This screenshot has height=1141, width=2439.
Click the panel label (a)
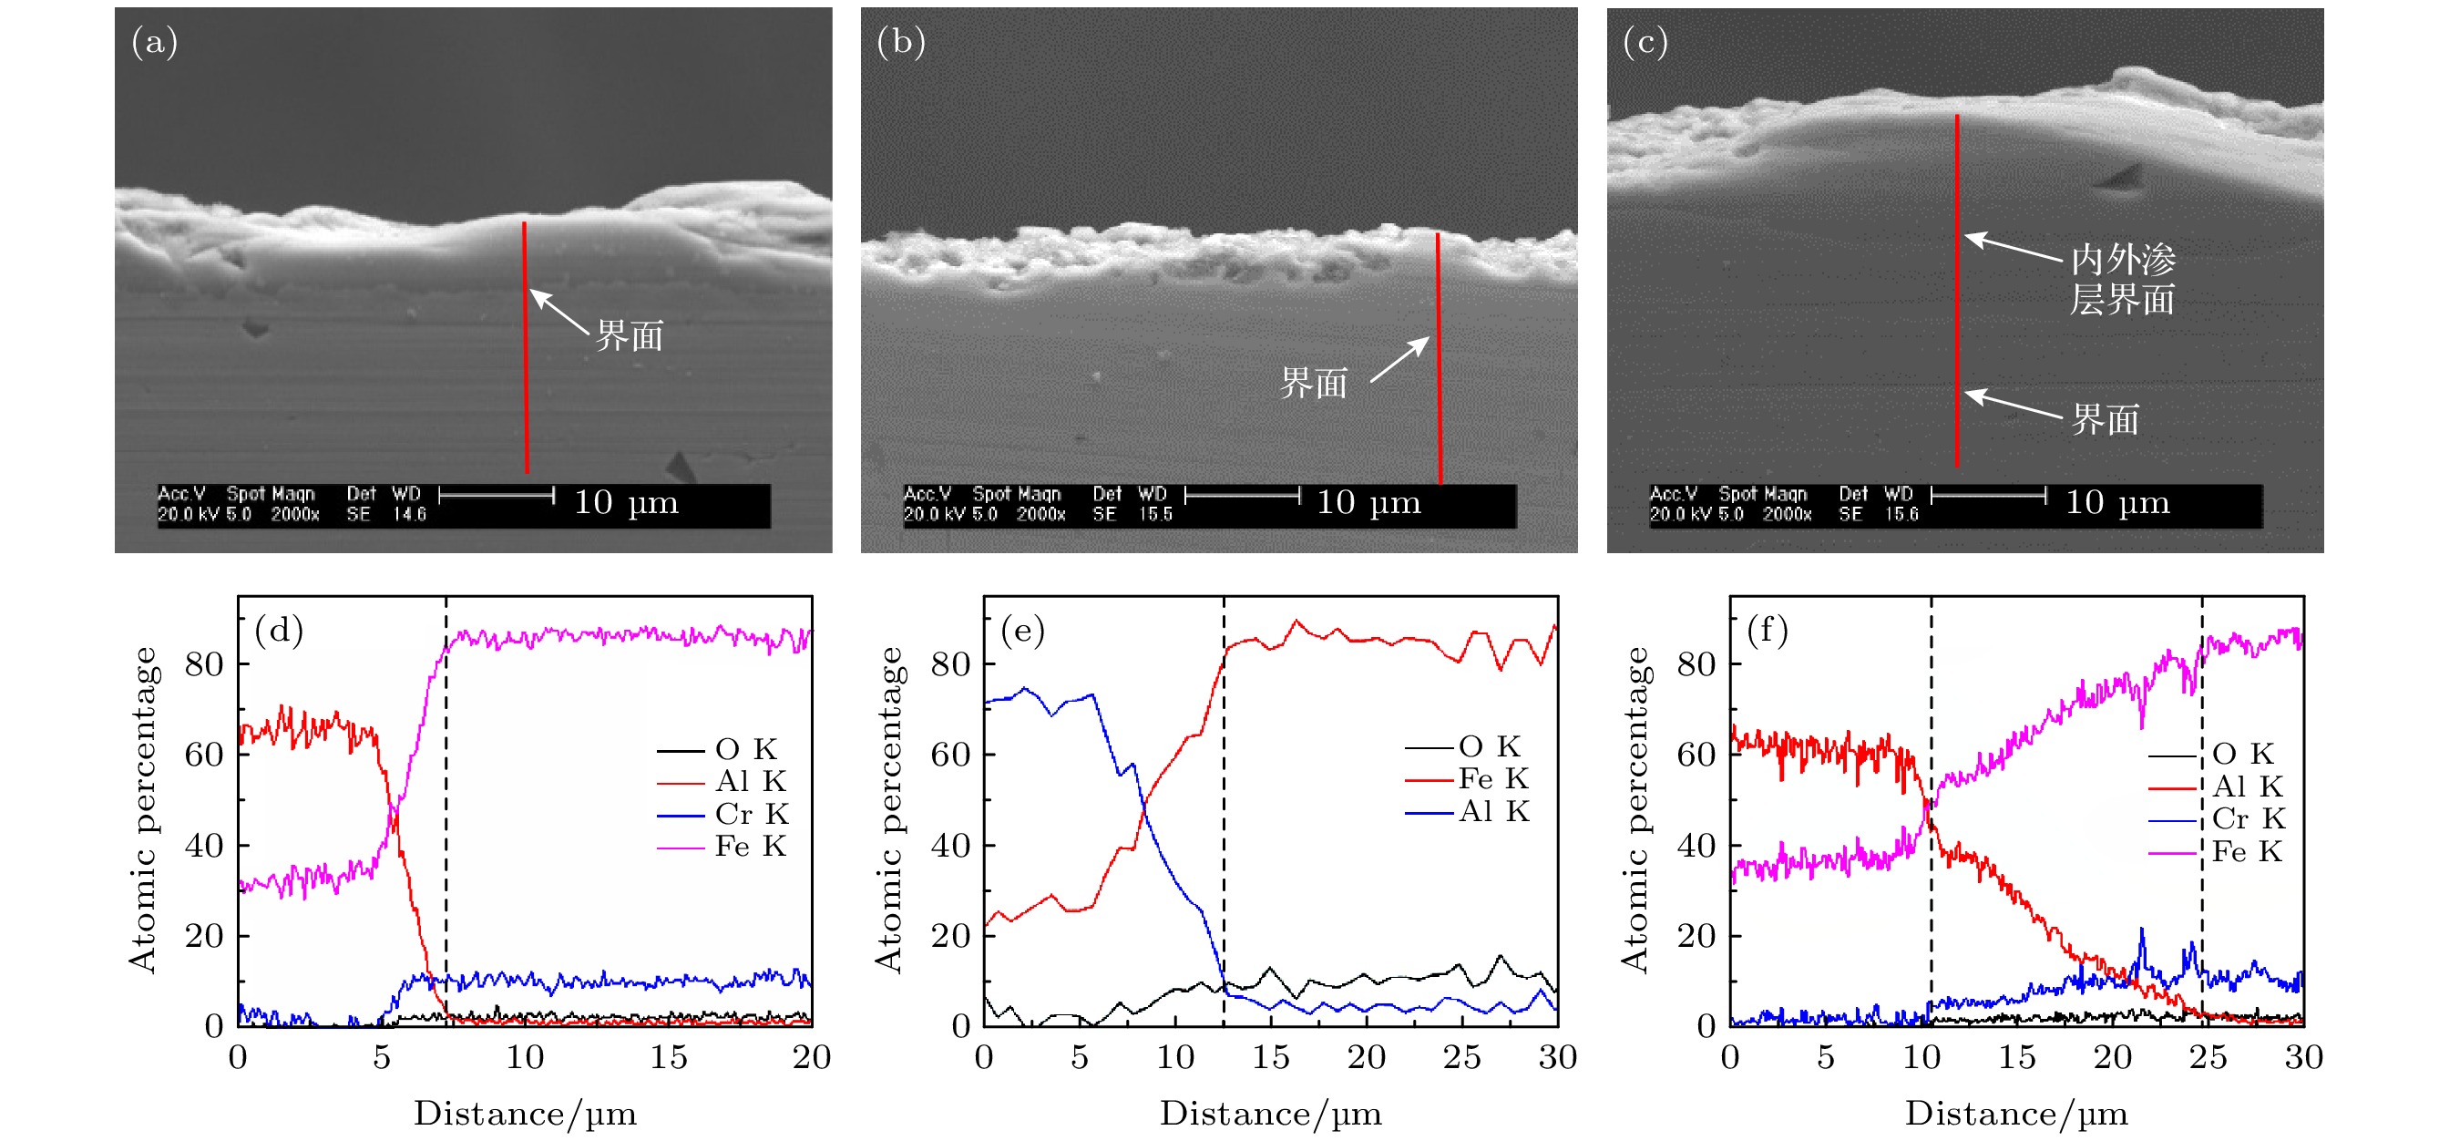coord(154,43)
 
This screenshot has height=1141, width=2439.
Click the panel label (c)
coord(1645,43)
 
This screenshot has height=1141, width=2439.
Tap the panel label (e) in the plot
coord(1022,630)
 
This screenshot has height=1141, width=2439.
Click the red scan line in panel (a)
coord(526,350)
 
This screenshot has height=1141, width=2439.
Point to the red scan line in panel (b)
coord(1439,360)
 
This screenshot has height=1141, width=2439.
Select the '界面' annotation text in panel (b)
coord(1313,384)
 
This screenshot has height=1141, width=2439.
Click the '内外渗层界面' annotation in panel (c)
coord(2122,280)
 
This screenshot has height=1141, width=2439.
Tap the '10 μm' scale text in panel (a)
coord(626,502)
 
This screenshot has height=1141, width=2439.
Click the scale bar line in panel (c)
coord(1988,495)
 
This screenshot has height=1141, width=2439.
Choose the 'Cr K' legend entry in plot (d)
coord(751,814)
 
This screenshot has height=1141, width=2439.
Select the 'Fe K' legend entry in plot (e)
coord(1493,778)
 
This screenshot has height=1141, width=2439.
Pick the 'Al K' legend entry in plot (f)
coord(2247,786)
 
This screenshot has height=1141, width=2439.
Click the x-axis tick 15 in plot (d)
coord(669,1057)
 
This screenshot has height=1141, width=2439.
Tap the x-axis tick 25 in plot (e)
coord(1462,1057)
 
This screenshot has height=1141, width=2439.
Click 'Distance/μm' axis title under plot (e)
coord(1271,1114)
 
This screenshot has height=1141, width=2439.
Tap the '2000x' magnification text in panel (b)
coord(1040,514)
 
